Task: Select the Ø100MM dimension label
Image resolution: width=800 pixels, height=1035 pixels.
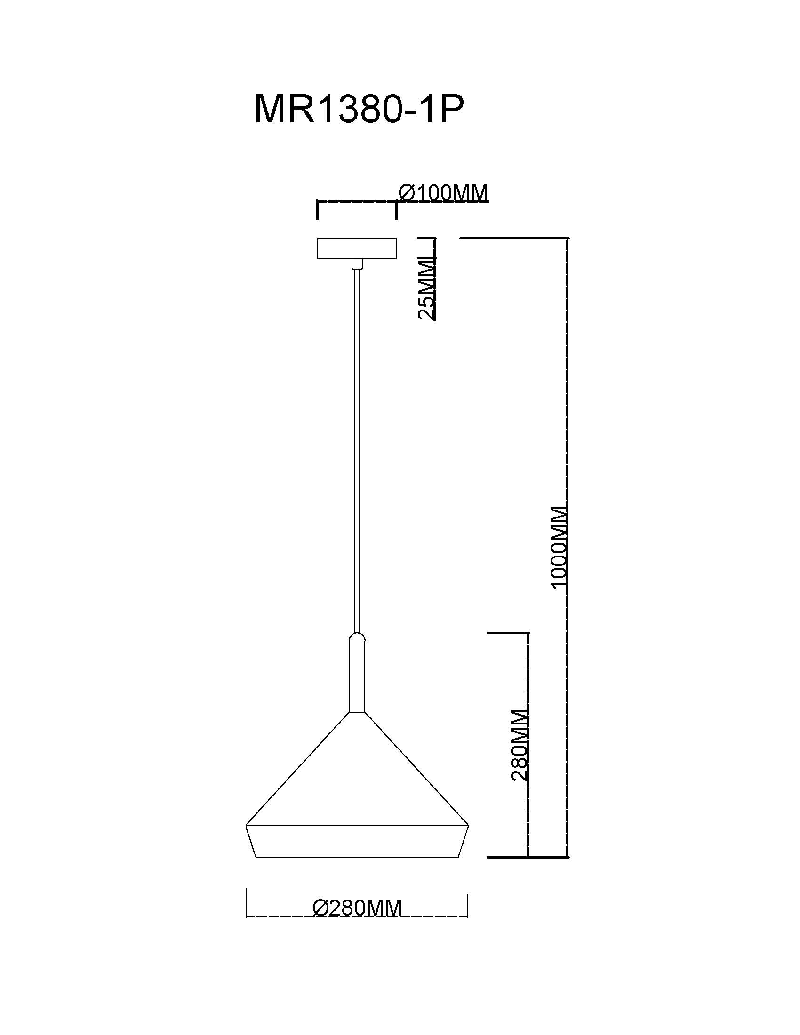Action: [443, 193]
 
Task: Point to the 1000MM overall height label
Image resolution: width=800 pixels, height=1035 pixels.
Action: [559, 546]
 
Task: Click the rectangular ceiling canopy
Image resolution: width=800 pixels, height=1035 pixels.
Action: [356, 248]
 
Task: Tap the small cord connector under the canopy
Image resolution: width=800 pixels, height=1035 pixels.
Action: [356, 264]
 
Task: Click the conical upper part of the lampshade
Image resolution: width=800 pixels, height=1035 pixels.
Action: [357, 782]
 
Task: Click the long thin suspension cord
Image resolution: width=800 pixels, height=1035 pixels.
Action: [356, 451]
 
